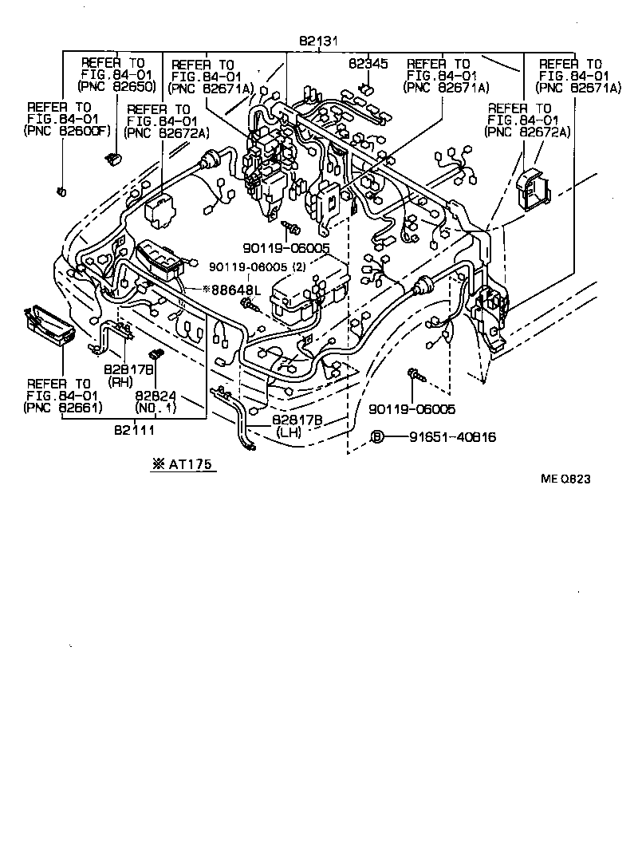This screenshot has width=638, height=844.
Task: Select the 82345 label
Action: [367, 64]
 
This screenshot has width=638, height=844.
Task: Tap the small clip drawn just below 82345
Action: [368, 87]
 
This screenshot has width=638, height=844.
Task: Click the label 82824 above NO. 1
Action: [155, 396]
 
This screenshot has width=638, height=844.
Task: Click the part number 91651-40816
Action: [452, 437]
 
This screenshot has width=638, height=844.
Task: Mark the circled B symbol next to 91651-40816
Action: [378, 437]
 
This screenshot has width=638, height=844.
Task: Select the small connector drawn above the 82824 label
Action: [156, 353]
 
